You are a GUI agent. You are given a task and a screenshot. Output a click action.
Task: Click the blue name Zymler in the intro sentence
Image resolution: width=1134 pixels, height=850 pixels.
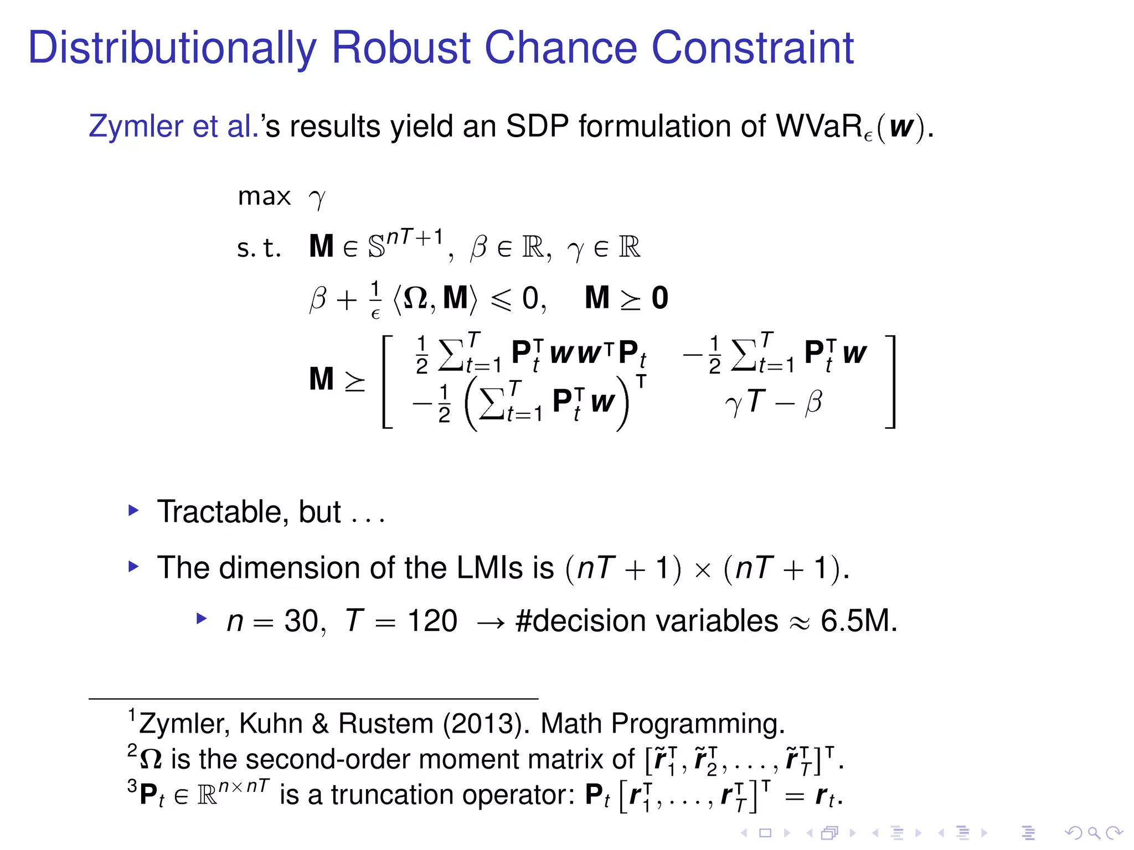click(135, 126)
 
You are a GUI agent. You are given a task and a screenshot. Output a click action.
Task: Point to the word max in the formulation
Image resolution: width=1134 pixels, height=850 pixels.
click(264, 196)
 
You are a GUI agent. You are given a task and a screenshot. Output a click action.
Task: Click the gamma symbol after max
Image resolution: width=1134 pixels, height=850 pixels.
click(317, 199)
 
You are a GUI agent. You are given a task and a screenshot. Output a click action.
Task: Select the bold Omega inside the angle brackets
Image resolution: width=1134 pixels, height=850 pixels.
click(415, 298)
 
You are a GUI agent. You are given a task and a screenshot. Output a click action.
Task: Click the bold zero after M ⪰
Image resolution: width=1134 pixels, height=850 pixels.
click(659, 298)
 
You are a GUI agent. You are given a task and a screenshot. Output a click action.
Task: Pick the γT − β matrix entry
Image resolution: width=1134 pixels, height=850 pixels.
click(773, 402)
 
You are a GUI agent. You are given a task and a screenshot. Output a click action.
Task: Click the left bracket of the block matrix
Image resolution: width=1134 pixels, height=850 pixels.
click(388, 381)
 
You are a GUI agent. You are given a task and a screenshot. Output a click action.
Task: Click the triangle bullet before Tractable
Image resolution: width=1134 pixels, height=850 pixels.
click(133, 510)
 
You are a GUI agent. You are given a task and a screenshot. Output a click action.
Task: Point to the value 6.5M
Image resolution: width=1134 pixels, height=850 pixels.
click(858, 621)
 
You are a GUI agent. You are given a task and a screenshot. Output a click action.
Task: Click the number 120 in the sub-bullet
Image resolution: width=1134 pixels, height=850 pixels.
click(432, 621)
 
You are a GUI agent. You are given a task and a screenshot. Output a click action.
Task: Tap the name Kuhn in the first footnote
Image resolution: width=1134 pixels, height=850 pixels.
click(271, 724)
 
